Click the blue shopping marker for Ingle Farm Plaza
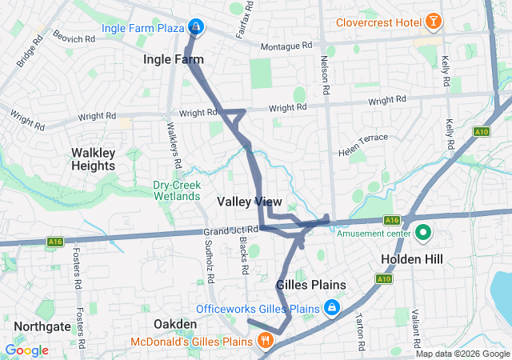coord(195,27)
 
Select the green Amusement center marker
coord(422,234)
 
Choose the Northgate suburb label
coord(40,326)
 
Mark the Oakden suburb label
coord(175,323)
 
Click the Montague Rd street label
coord(285,47)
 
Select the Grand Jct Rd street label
coord(230,230)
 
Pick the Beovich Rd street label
coord(74,36)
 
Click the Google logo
coord(26,350)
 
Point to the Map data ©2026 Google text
coord(462,354)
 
